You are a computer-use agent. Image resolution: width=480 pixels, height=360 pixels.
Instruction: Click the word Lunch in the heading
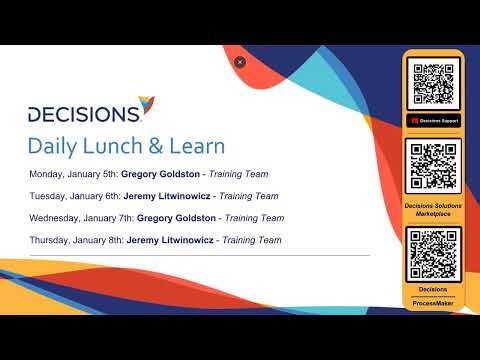click(108, 145)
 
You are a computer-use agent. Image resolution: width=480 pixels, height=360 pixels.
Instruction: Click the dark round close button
click(240, 62)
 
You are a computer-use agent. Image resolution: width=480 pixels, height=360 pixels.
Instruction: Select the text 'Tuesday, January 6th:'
click(75, 196)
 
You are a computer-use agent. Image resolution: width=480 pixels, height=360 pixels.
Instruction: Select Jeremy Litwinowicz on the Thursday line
click(171, 240)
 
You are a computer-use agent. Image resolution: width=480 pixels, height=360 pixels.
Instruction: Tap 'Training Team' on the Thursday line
click(250, 240)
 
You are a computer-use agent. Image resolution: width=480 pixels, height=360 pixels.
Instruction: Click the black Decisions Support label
click(433, 121)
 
